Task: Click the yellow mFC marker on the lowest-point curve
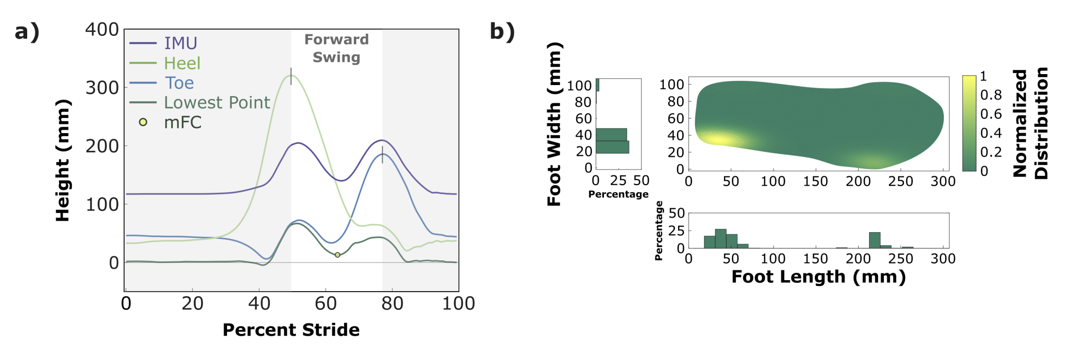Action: tap(337, 255)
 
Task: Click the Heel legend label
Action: tap(182, 63)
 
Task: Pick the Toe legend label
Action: tap(179, 83)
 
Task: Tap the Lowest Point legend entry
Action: tap(217, 103)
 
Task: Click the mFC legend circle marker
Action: tap(143, 122)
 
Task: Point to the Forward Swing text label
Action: tap(337, 48)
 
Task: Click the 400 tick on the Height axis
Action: tap(102, 30)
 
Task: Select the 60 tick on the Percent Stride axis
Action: tap(326, 304)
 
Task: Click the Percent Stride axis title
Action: tap(291, 330)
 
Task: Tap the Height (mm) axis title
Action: tap(63, 160)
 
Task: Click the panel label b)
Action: tap(502, 32)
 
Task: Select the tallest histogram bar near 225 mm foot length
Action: tap(874, 240)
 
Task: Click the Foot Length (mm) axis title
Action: tap(818, 277)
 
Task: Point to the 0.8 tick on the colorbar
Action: tap(990, 95)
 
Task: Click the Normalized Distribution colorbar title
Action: tap(1030, 123)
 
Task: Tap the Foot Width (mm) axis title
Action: tap(554, 124)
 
